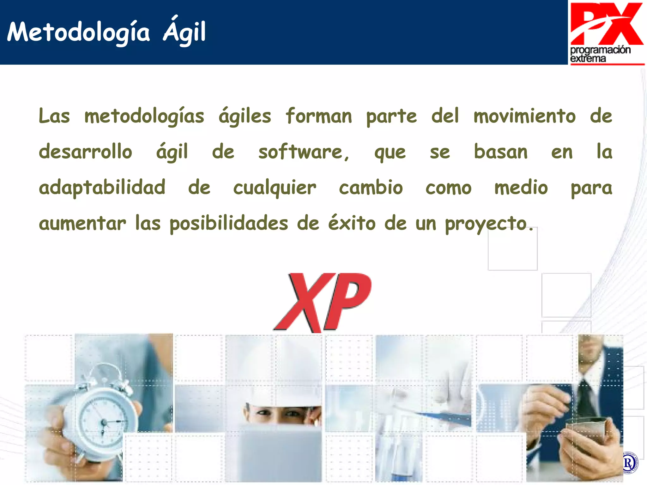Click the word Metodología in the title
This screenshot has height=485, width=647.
coord(78,33)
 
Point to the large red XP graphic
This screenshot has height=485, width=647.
coord(322,302)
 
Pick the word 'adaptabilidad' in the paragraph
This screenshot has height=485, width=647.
coord(102,188)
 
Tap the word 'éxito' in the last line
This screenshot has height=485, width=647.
coord(352,223)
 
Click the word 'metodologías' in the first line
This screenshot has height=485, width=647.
coord(144,116)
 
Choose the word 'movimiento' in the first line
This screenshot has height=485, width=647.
coord(524,116)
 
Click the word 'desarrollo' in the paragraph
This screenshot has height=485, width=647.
coord(85,152)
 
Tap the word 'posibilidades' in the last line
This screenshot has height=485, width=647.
coord(229,224)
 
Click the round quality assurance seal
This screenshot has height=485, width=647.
coord(629,463)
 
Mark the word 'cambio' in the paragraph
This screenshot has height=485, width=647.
coord(371,188)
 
